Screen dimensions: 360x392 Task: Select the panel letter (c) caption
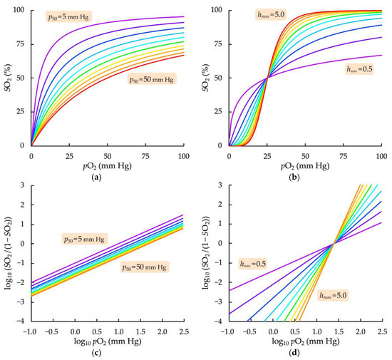[x=107, y=352]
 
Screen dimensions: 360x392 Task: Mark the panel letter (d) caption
[x=304, y=352]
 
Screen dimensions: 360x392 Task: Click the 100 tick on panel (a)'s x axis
[x=183, y=154]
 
